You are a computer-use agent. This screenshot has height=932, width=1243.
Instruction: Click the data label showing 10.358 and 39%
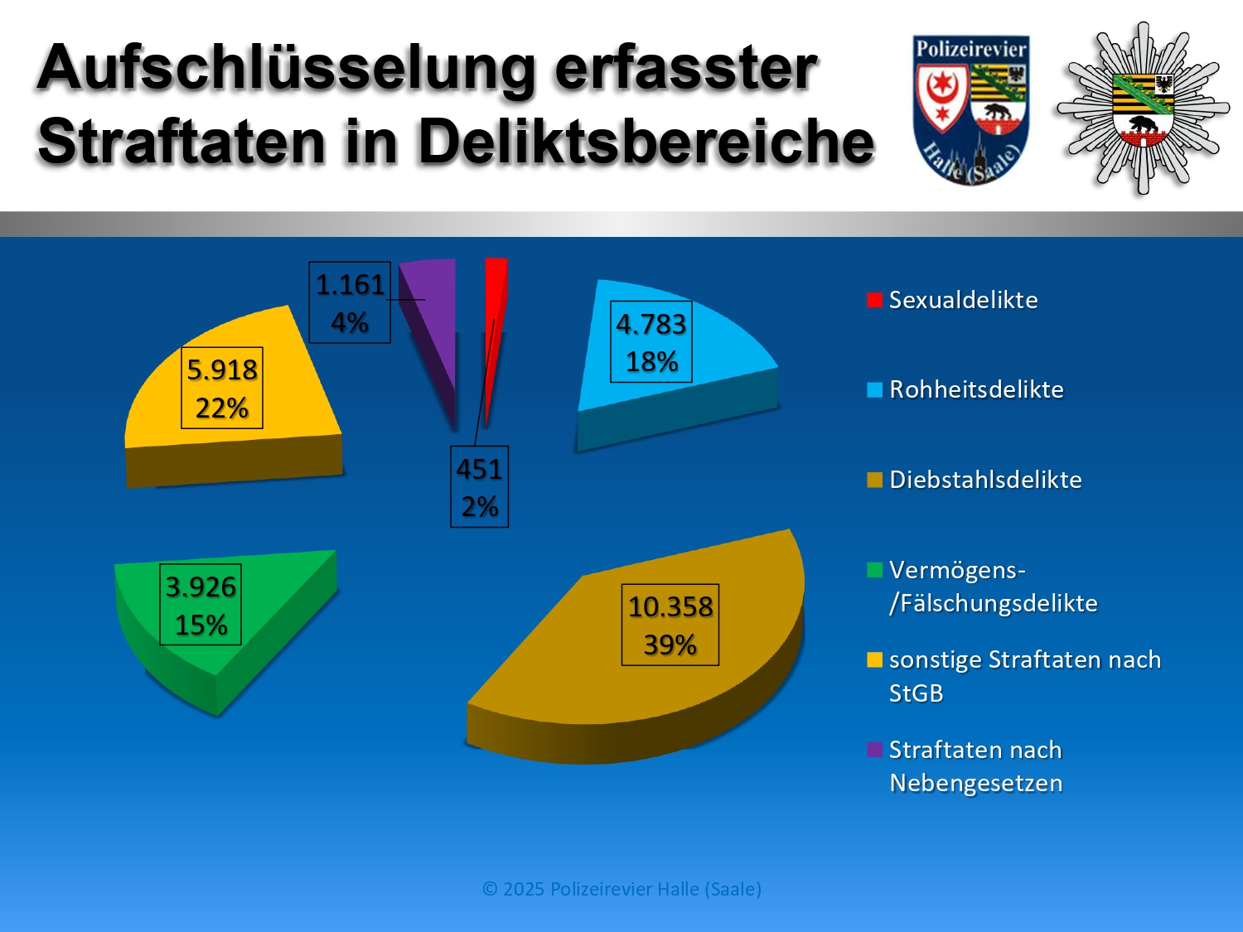click(670, 625)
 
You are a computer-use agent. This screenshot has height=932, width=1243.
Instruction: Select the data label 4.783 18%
click(651, 342)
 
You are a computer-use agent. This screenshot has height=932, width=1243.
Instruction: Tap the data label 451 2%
click(479, 487)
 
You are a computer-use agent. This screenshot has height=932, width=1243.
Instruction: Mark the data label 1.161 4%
click(350, 302)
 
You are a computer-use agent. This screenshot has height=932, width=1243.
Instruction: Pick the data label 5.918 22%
click(222, 388)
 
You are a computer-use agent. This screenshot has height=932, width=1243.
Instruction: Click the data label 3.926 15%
click(201, 605)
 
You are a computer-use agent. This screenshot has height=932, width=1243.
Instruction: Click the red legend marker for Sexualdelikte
click(874, 300)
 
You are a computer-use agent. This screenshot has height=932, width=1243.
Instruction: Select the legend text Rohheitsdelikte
click(976, 389)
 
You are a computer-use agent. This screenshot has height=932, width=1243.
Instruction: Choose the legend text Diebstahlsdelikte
click(985, 480)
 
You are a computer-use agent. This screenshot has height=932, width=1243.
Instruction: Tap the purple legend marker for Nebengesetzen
click(874, 750)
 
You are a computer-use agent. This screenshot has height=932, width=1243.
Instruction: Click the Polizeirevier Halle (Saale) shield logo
click(970, 108)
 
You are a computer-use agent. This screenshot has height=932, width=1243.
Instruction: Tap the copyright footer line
click(621, 889)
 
